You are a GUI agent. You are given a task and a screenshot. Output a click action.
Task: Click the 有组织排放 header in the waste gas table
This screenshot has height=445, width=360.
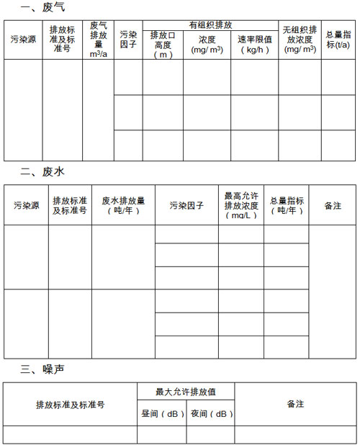[210, 24]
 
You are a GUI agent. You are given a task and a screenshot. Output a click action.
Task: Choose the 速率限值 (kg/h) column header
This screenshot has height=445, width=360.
[254, 45]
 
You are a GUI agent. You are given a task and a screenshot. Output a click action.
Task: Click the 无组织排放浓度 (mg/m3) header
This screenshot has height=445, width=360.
[300, 40]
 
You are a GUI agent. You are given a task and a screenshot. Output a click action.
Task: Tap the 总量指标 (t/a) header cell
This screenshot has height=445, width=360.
[338, 40]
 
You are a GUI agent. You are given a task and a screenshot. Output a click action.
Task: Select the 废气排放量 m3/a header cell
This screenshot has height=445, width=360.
[98, 40]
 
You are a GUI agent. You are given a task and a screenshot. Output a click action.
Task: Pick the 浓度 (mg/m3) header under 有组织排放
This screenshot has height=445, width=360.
[207, 45]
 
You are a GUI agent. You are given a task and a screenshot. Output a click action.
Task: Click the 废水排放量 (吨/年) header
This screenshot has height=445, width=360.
[123, 205]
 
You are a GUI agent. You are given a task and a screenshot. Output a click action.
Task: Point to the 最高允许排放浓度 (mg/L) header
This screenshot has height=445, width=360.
[241, 205]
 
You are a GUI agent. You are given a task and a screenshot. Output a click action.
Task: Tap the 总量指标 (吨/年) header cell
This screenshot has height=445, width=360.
[287, 205]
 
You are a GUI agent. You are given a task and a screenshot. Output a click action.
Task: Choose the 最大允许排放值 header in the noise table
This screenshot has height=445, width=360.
[186, 392]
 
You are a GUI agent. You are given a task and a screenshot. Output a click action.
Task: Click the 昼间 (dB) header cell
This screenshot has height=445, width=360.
[161, 414]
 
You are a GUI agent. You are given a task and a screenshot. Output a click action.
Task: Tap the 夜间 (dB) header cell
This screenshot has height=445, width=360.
[210, 414]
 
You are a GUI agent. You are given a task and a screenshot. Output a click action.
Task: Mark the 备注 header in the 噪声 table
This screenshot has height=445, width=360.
[295, 404]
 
